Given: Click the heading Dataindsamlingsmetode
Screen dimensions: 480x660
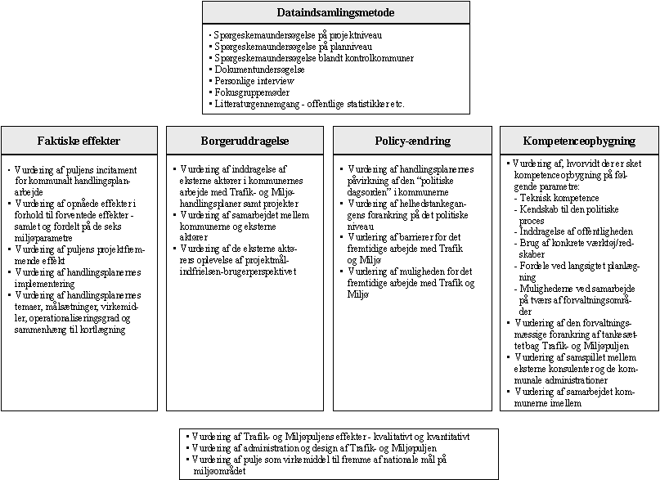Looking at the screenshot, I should click(336, 12).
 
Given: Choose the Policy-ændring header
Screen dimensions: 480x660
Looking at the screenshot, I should click(413, 141).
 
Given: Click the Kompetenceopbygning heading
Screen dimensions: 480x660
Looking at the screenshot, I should click(580, 141).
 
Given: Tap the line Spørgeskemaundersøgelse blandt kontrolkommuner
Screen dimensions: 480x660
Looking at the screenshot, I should click(313, 58).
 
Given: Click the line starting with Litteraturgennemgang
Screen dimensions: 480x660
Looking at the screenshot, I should click(309, 104).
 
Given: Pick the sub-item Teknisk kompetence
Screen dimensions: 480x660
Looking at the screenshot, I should click(559, 198).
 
